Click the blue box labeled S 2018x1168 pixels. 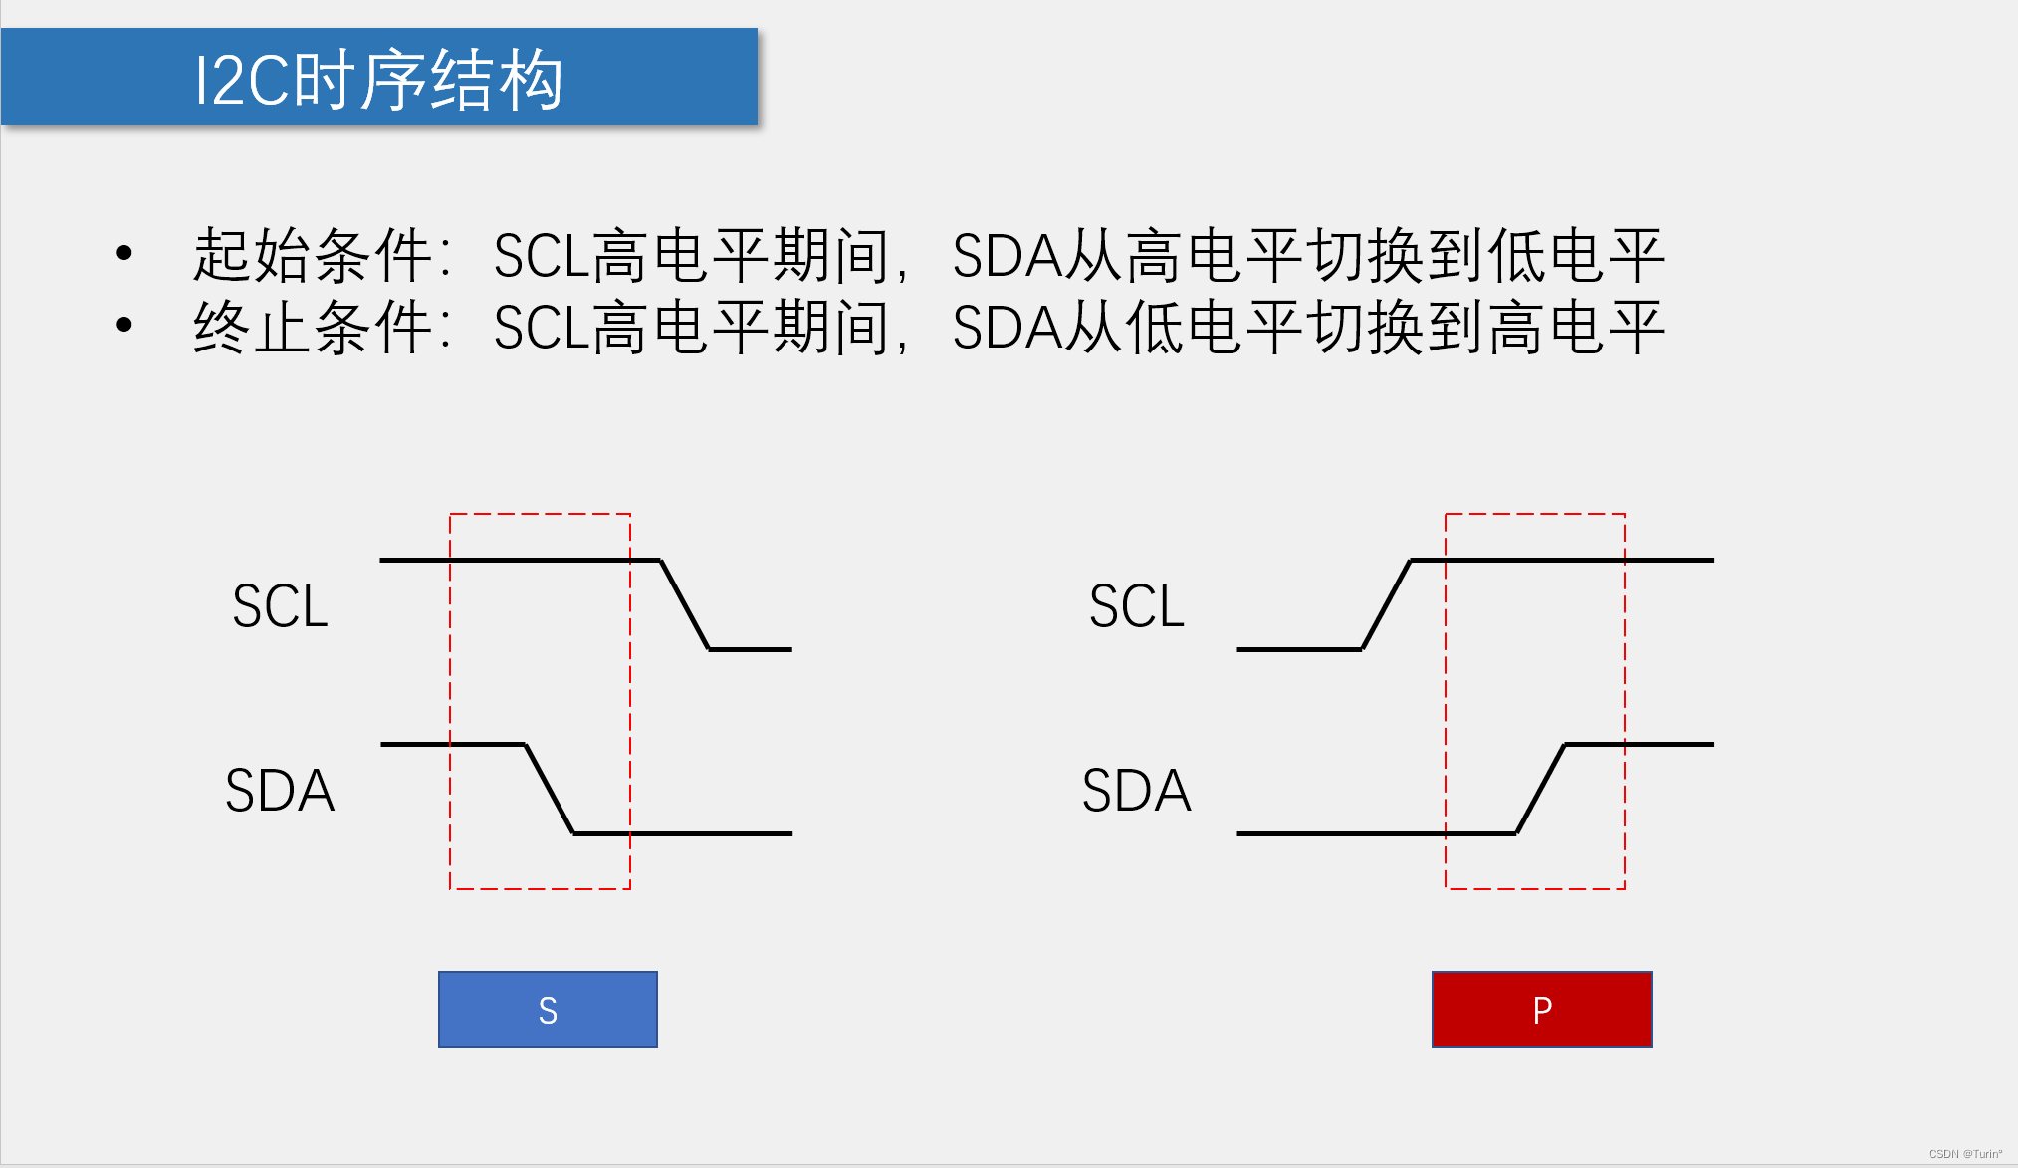click(x=548, y=1009)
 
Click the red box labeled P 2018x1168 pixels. click(x=1541, y=1009)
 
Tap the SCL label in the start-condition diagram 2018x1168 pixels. click(x=280, y=605)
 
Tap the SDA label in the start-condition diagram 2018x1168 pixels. click(x=280, y=790)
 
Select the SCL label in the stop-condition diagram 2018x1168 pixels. click(x=1137, y=605)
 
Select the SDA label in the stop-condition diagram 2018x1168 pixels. click(x=1137, y=790)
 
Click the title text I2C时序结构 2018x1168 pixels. click(x=378, y=80)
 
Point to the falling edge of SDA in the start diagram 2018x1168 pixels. click(x=550, y=789)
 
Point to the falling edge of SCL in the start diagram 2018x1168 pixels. click(x=685, y=604)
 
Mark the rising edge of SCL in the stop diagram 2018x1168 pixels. click(x=1386, y=604)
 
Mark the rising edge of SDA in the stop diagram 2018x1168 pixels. click(x=1540, y=789)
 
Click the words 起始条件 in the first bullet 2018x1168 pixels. click(x=312, y=255)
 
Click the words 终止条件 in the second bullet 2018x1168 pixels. click(x=312, y=328)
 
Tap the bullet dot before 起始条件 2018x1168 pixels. click(x=124, y=253)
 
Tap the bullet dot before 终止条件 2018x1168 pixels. click(x=124, y=325)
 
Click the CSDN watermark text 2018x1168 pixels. click(x=1965, y=1154)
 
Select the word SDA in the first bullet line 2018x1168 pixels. click(x=1007, y=255)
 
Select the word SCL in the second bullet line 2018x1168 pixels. click(x=542, y=328)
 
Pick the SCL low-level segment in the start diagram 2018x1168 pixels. click(x=751, y=649)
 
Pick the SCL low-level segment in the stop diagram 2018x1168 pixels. click(x=1298, y=649)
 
